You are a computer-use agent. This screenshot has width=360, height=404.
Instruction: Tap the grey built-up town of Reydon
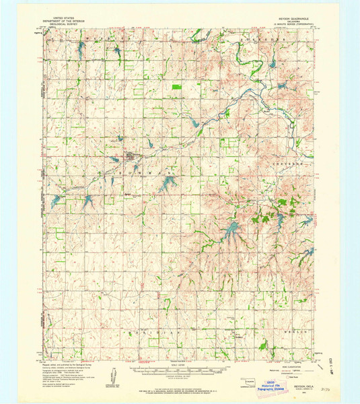[x=131, y=158]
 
